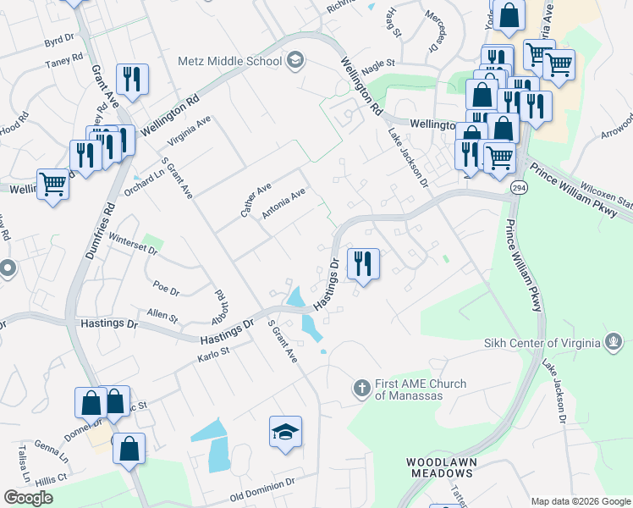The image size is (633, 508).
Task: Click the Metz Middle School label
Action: pos(229,60)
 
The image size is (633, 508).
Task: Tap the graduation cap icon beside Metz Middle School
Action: pos(294,59)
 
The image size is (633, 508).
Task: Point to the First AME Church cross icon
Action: pos(361,389)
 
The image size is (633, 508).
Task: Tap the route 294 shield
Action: pos(518,188)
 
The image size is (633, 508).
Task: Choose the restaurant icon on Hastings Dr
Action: pos(362,262)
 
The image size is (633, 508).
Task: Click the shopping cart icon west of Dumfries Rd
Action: pos(52,183)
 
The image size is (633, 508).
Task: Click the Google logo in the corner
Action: pos(28,498)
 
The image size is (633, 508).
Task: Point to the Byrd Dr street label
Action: pos(59,40)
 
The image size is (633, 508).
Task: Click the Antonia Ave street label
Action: pos(283,204)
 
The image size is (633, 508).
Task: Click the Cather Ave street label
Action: pos(256,200)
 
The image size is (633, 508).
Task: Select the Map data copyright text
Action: pos(579,500)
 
